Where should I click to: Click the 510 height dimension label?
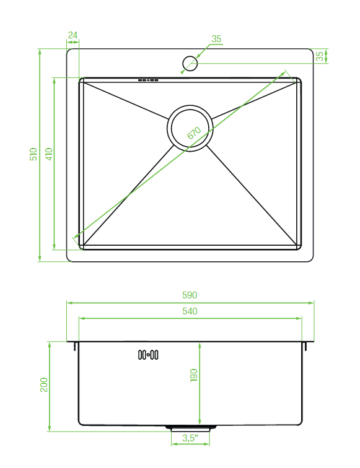point(33,154)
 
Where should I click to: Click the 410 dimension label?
point(49,154)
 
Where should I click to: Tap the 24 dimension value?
point(72,35)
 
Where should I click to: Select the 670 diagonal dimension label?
point(194,133)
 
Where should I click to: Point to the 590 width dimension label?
point(190,295)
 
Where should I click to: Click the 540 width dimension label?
point(190,311)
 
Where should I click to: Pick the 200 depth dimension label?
point(44,384)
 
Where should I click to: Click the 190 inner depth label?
point(194,375)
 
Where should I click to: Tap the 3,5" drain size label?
point(190,438)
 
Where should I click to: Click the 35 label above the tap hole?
point(216,39)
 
